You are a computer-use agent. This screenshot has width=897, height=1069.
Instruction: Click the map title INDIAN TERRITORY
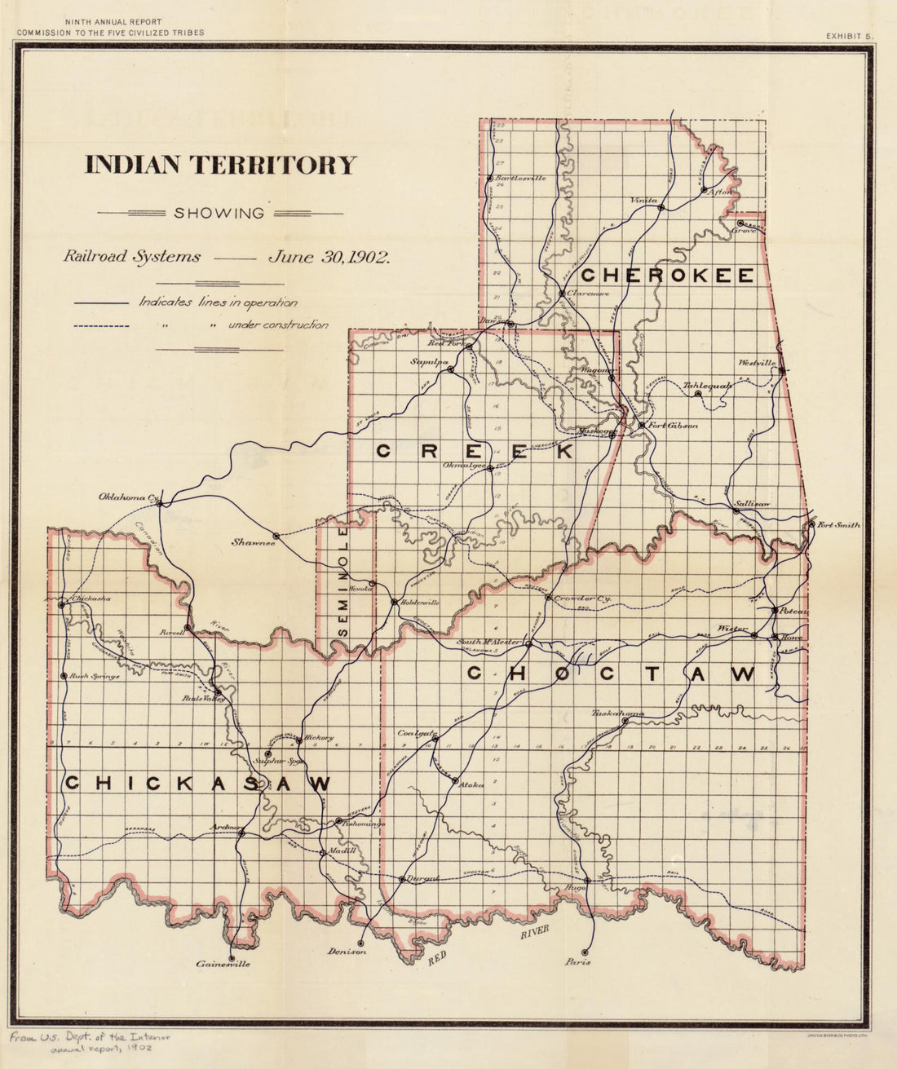click(x=221, y=165)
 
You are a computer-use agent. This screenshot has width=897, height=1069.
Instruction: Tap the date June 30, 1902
click(x=329, y=256)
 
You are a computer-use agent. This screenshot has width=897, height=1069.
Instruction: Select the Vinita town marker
click(x=661, y=207)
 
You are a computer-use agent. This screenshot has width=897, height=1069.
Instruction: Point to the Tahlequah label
click(x=706, y=385)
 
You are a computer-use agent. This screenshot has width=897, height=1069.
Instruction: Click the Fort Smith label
click(x=838, y=525)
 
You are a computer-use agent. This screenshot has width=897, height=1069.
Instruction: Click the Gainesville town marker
click(x=232, y=958)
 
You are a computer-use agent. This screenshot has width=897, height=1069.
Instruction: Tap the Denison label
click(x=347, y=952)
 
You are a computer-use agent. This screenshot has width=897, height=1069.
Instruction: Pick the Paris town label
click(x=577, y=962)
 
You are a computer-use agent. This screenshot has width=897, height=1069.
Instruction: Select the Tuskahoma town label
click(x=617, y=713)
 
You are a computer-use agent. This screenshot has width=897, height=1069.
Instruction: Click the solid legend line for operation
click(x=100, y=303)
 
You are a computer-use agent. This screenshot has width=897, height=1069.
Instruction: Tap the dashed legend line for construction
click(x=100, y=326)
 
